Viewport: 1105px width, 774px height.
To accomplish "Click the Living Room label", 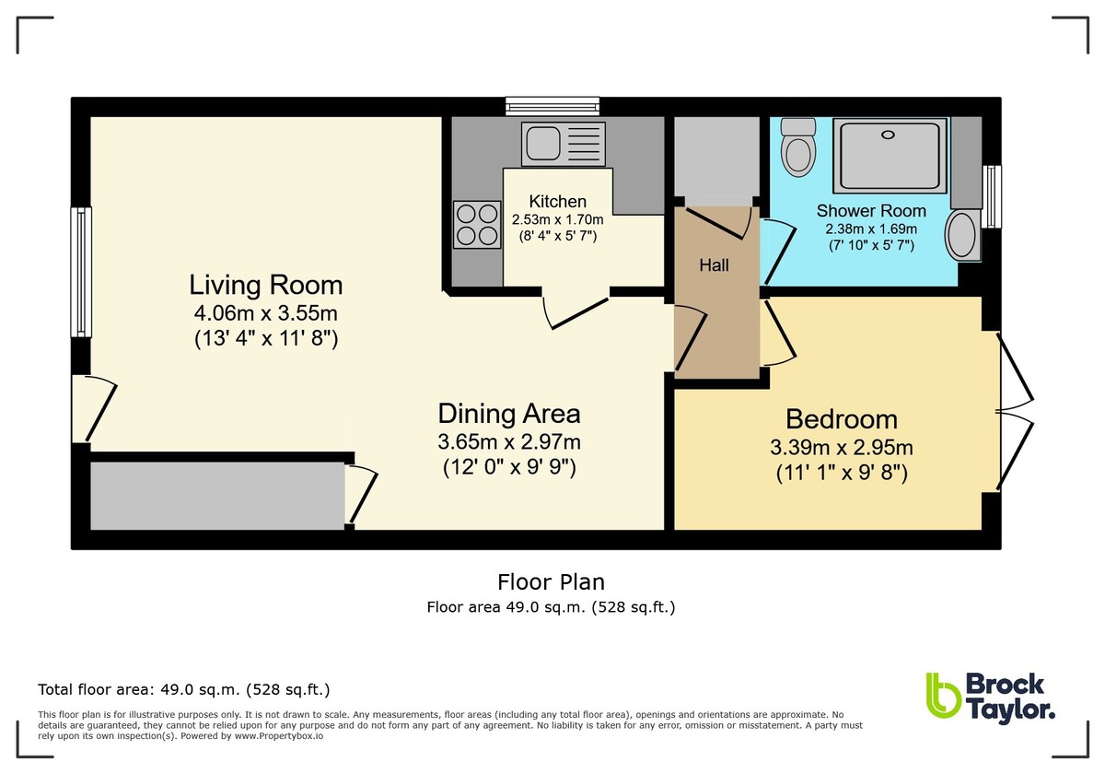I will coord(265,284).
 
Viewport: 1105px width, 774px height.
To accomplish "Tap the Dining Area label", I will coord(508,412).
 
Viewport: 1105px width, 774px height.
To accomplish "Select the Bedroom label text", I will coord(841,419).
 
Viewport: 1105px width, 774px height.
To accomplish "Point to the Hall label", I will coord(714,265).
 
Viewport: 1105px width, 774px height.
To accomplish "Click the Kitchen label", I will coord(557,202).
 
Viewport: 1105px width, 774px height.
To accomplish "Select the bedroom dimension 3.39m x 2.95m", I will coord(841,449).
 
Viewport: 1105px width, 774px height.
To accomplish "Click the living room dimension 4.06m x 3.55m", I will coord(265,312).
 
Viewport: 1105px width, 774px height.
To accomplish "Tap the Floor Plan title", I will coord(551,581).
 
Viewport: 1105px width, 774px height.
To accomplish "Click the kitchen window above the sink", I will coord(552,105).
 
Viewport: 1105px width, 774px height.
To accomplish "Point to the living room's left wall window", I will coord(80,271).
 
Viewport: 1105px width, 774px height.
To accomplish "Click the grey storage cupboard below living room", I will coord(217,496).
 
